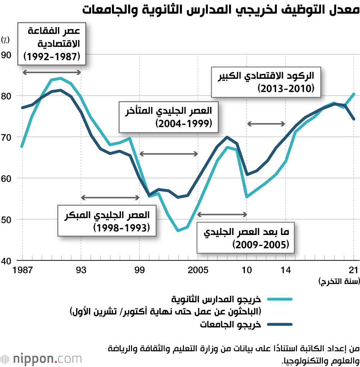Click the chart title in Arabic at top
(220, 10)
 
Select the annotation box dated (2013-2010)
(266, 82)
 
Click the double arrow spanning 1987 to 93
(52, 72)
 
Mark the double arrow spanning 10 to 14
(266, 124)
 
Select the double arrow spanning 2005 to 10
(222, 214)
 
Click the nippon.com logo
(41, 358)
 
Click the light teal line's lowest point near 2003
(178, 231)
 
